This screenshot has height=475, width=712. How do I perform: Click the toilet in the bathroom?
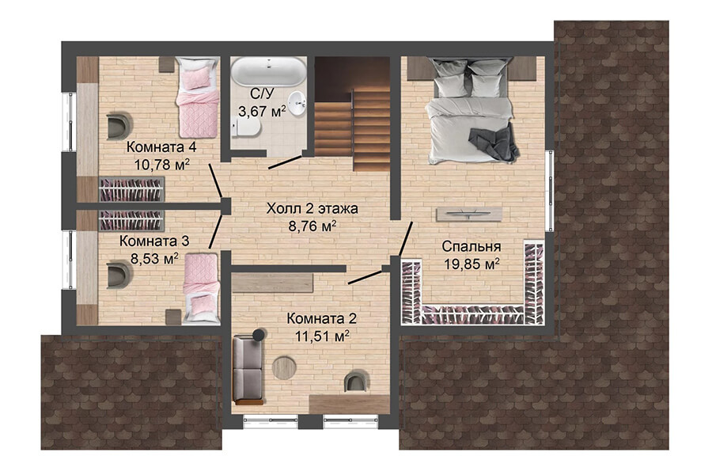pyautogui.click(x=246, y=127)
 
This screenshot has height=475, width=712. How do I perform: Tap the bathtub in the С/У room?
pyautogui.click(x=268, y=71)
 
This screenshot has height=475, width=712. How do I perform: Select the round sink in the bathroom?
pyautogui.click(x=297, y=103)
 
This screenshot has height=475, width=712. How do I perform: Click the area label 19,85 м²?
pyautogui.click(x=472, y=264)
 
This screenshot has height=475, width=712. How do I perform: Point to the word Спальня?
pyautogui.click(x=472, y=246)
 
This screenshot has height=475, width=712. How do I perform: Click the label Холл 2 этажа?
pyautogui.click(x=312, y=209)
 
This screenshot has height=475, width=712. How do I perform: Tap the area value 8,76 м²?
pyautogui.click(x=312, y=226)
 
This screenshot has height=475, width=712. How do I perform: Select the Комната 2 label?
pyautogui.click(x=321, y=318)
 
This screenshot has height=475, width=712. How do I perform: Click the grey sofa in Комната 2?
pyautogui.click(x=248, y=369)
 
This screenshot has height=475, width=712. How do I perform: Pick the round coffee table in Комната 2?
pyautogui.click(x=284, y=367)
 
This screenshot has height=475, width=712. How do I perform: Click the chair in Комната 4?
pyautogui.click(x=119, y=126)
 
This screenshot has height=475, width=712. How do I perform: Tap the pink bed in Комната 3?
pyautogui.click(x=202, y=288)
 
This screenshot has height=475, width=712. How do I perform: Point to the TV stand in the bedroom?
pyautogui.click(x=469, y=214)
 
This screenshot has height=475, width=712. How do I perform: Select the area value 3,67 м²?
pyautogui.click(x=263, y=111)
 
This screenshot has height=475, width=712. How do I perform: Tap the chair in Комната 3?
pyautogui.click(x=119, y=274)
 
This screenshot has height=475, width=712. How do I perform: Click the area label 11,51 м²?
pyautogui.click(x=322, y=336)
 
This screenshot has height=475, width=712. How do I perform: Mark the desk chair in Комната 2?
pyautogui.click(x=357, y=381)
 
